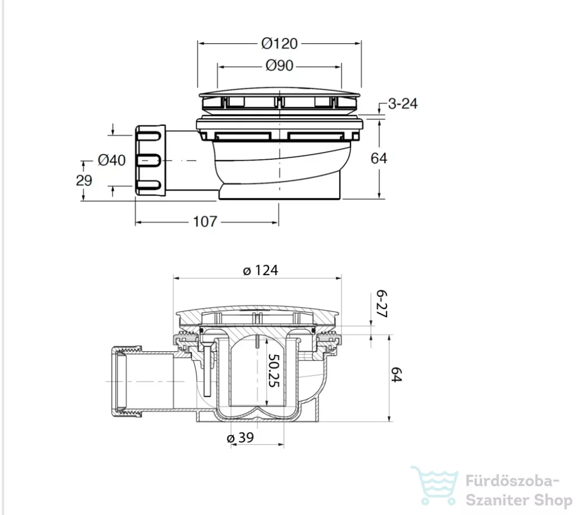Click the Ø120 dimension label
tap(279, 43)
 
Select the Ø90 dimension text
tap(279, 66)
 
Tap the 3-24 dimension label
tap(403, 104)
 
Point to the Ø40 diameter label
tap(112, 160)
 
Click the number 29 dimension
tap(84, 180)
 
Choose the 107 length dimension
tap(205, 221)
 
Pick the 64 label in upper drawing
tap(379, 158)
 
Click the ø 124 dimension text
tap(261, 270)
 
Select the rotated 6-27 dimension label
tap(382, 304)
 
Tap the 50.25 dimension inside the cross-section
tap(274, 370)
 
